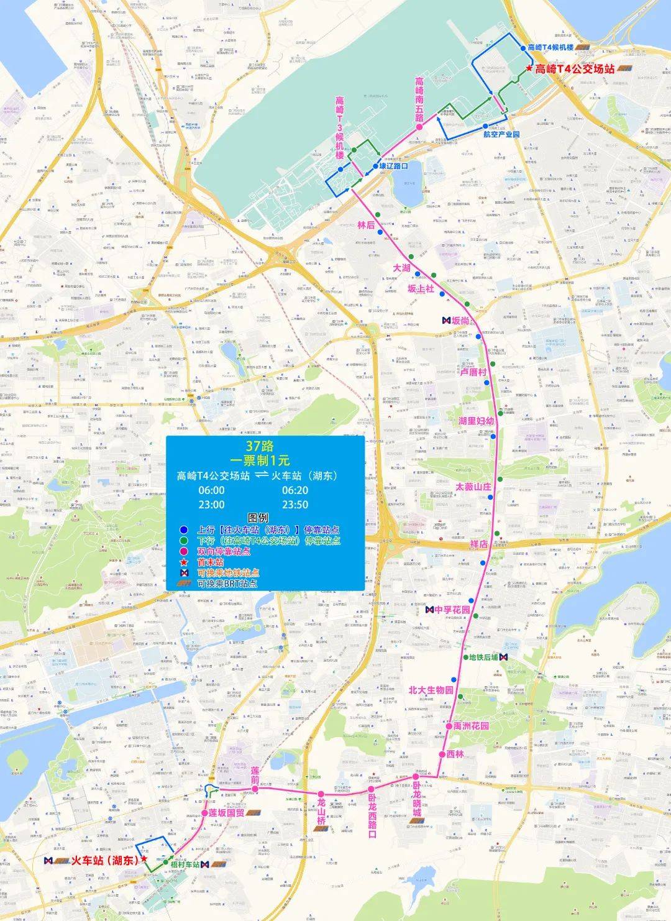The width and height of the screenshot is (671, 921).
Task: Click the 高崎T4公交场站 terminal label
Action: [x=574, y=69]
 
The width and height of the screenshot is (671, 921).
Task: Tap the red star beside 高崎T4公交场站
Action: [x=529, y=68]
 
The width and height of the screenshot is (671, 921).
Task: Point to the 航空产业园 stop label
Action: [x=501, y=134]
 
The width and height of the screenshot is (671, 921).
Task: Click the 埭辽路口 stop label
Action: [x=393, y=166]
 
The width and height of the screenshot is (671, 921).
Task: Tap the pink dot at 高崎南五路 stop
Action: [x=419, y=127]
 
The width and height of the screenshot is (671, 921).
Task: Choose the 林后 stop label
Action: [x=366, y=225]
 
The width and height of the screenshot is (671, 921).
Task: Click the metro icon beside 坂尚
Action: [x=446, y=321]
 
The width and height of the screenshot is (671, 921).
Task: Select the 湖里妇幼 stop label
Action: [x=476, y=421]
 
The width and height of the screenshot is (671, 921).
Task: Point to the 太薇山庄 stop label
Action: [x=473, y=487]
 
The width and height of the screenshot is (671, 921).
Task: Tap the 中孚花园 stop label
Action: [x=452, y=610]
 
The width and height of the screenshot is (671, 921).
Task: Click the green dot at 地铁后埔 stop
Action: [x=465, y=657]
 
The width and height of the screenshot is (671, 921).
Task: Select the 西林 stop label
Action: [x=455, y=754]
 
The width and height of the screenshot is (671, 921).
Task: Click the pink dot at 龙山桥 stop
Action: [x=321, y=794]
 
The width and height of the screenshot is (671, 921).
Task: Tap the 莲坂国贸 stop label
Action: [x=226, y=812]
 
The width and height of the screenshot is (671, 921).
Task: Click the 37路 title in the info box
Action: [x=260, y=446]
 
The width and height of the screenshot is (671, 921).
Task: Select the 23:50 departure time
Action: [x=294, y=504]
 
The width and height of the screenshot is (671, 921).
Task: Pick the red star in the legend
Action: [x=184, y=562]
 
